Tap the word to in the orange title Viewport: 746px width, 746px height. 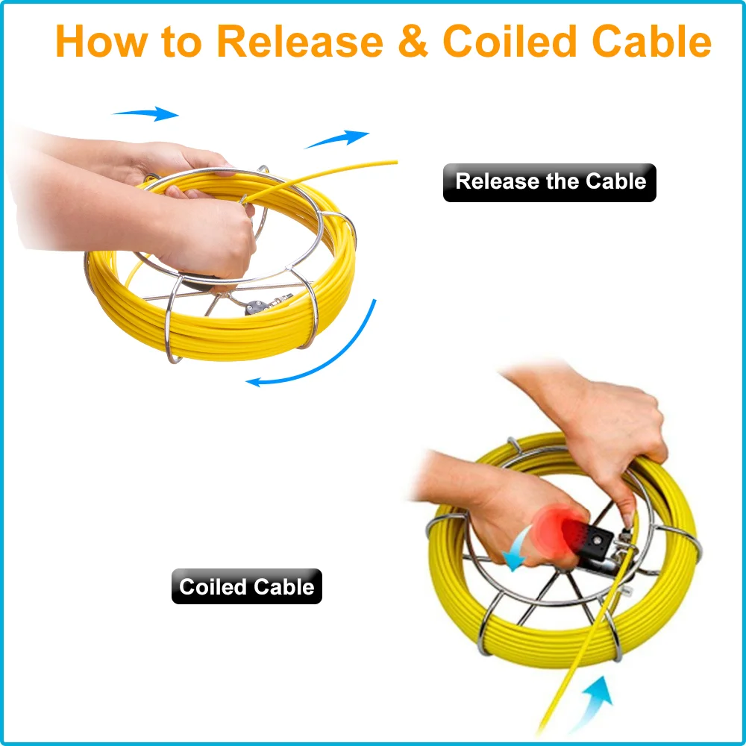click(181, 43)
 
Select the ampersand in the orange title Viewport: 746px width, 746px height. click(413, 43)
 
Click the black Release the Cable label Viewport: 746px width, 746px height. click(550, 183)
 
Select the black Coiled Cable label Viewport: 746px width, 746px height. click(247, 587)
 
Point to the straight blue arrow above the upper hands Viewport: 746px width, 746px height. click(146, 113)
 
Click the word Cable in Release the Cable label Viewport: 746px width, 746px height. click(615, 182)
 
